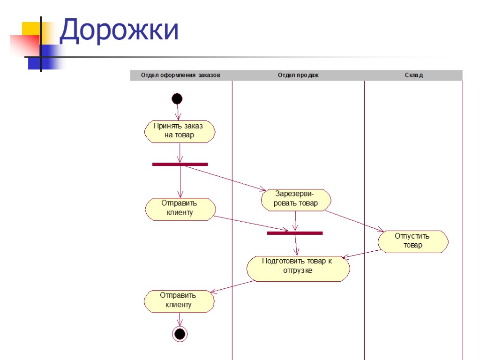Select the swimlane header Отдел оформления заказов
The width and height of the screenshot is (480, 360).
coord(180,75)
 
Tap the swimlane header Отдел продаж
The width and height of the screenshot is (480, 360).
coord(298,75)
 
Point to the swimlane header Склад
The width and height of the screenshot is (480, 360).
coord(413,75)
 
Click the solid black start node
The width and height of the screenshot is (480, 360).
coord(177,99)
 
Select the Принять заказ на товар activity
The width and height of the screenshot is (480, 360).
coord(180,131)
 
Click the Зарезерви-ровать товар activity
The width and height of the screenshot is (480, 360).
coord(296,199)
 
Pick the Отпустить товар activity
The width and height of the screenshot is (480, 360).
coord(413,241)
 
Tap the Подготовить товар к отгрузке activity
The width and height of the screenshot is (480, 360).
coord(298,268)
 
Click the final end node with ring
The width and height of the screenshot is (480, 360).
coord(180,334)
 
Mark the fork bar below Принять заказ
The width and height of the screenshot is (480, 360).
coord(180,164)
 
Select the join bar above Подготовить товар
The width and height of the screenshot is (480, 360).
coord(295,233)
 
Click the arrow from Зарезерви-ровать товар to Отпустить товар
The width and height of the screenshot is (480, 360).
coord(355,221)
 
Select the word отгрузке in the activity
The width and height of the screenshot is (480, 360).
coord(298,270)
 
